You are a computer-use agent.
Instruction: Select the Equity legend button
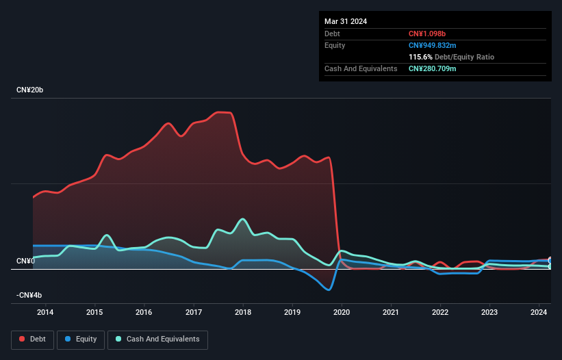pos(81,339)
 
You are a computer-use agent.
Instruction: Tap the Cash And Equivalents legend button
pos(157,339)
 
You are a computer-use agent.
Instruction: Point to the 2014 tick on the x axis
pos(45,313)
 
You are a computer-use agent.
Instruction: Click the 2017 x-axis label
pos(194,313)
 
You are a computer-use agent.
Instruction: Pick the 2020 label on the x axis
pos(342,313)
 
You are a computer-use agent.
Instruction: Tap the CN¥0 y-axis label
pos(25,261)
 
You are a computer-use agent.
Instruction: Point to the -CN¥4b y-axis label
pos(29,295)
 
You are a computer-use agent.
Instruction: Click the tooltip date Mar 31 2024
pos(346,21)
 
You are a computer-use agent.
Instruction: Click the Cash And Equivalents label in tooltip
pos(361,68)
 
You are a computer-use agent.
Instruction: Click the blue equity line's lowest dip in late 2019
pos(329,290)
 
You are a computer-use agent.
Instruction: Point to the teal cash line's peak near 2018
pos(242,219)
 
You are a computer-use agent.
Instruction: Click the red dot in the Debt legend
pos(22,339)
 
